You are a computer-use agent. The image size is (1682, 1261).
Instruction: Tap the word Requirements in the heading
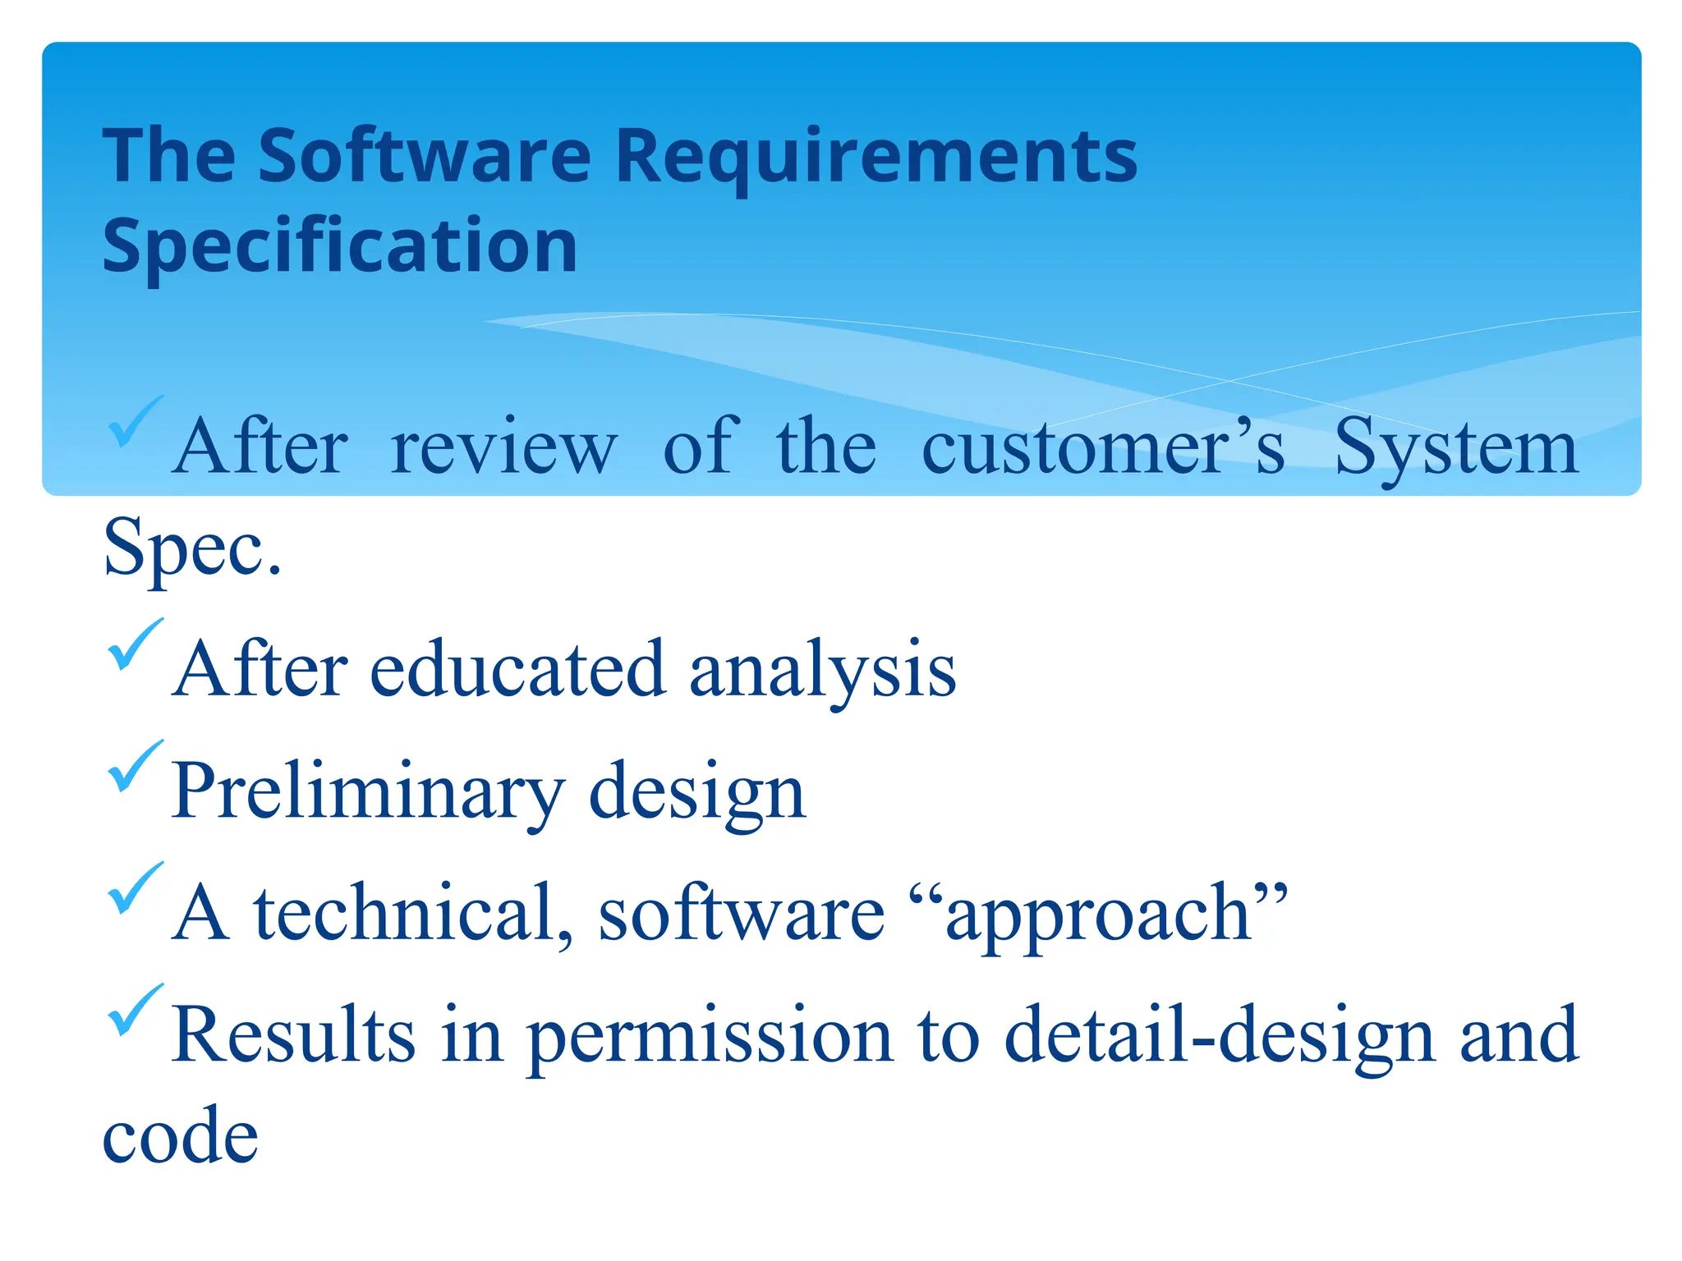click(x=875, y=157)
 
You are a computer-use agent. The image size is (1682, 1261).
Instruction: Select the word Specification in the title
click(x=340, y=245)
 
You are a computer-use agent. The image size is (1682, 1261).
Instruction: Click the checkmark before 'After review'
click(x=134, y=421)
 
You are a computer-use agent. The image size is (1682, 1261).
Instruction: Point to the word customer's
click(x=1102, y=447)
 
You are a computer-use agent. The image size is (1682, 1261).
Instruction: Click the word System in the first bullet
click(x=1455, y=448)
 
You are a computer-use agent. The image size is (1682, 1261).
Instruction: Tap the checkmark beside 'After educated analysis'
click(x=135, y=644)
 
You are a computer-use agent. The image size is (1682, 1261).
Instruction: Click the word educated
click(x=517, y=668)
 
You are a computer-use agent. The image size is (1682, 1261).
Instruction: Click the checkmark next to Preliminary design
click(x=135, y=765)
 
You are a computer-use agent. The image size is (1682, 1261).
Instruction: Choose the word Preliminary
click(x=368, y=791)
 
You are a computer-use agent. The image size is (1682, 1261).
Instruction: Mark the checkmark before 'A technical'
click(x=135, y=887)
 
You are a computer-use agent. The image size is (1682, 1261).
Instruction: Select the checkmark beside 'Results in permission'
click(x=135, y=1009)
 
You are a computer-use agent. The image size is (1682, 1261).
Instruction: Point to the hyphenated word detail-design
click(x=1220, y=1036)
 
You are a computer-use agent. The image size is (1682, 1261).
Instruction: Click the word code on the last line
click(x=181, y=1136)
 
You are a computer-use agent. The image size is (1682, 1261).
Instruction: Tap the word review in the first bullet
click(x=503, y=448)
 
